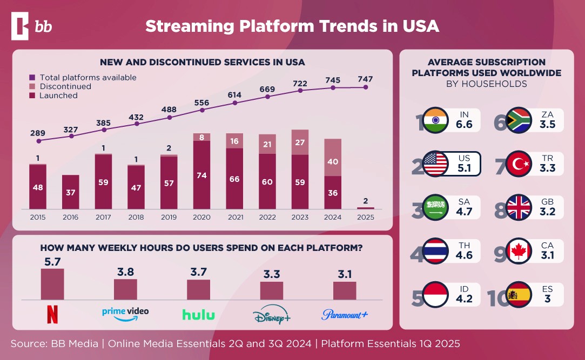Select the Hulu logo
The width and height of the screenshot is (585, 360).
point(198,315)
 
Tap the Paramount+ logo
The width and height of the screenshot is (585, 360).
point(345,314)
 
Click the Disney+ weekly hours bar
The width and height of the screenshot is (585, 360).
point(271,290)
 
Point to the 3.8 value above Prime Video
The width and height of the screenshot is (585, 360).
point(125,272)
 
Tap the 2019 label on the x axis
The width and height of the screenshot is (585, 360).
point(169,217)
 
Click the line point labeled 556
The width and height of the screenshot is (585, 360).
point(202,110)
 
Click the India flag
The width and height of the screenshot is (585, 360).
point(434,120)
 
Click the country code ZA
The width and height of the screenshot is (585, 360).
point(548,114)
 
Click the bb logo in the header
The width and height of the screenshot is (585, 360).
point(32,26)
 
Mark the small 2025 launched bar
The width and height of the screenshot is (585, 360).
point(366,208)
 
